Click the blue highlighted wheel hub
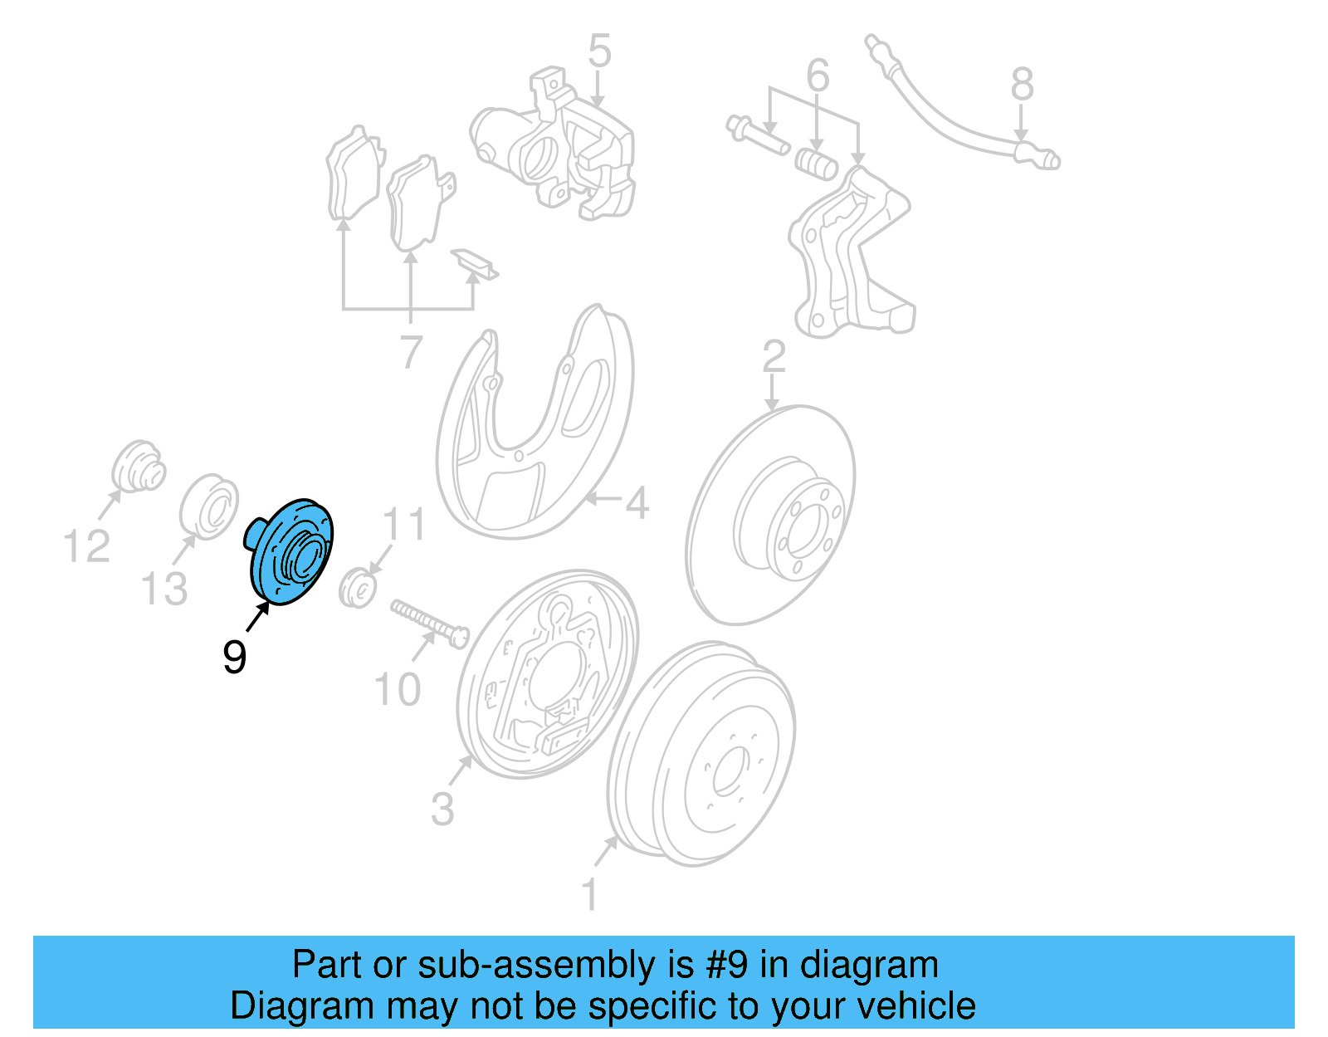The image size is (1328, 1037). [x=291, y=552]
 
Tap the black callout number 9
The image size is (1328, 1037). [x=235, y=658]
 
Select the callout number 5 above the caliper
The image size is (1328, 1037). [x=599, y=51]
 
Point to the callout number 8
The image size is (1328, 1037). [x=1022, y=85]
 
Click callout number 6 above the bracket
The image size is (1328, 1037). [x=818, y=76]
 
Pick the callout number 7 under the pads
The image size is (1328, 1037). [x=412, y=352]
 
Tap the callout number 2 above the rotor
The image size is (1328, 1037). [x=774, y=357]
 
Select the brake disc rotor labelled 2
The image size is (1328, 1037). [x=772, y=515]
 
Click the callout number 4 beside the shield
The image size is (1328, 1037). [x=637, y=502]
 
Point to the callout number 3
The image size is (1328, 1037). [x=442, y=808]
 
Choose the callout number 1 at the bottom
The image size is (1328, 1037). [x=589, y=895]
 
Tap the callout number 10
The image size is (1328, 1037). [x=398, y=690]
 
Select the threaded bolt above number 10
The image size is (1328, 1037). [x=428, y=624]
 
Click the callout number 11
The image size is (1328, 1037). [x=404, y=525]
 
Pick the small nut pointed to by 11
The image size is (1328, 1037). [x=358, y=589]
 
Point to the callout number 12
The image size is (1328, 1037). [x=86, y=546]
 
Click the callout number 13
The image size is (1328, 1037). [x=164, y=589]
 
